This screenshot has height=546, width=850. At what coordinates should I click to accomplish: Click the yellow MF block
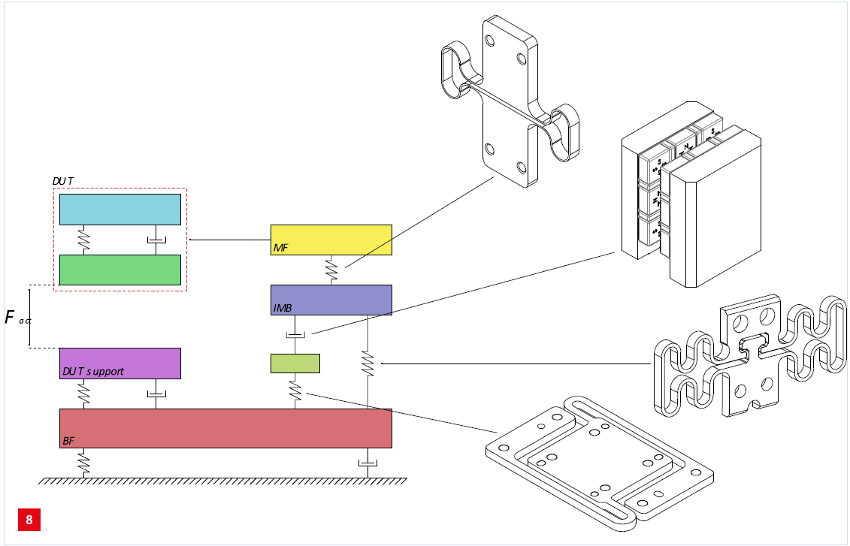331,239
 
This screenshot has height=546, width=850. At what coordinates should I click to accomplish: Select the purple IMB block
331,300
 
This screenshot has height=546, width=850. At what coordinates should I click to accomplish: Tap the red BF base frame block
225,428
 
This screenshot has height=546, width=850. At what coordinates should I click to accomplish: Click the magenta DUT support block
119,363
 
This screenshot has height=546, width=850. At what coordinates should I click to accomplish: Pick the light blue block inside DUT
119,210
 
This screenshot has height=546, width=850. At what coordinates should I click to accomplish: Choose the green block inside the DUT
119,270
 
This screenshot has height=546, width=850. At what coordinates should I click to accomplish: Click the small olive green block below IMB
295,363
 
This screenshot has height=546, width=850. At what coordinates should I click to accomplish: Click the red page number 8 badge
29,520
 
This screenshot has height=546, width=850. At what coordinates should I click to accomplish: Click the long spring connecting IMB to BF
368,363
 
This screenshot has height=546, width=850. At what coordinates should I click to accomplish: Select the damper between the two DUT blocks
156,240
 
